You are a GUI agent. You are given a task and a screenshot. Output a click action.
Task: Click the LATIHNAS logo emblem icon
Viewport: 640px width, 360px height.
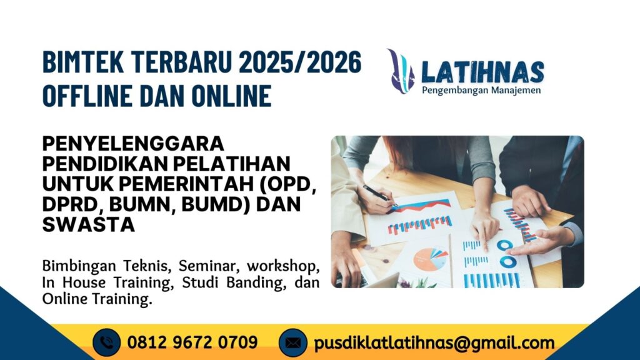point(401,71)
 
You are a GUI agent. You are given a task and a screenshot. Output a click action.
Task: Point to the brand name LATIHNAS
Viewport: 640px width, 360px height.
point(482,72)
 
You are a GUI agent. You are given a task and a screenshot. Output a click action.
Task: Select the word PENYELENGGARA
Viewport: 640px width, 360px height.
point(133,143)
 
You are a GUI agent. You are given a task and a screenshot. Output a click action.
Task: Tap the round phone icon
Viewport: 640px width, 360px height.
point(107,343)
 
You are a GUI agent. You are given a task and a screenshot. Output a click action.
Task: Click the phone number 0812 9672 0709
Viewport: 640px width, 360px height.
point(192,342)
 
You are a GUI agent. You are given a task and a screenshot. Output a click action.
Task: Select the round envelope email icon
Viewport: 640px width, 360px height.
point(293,343)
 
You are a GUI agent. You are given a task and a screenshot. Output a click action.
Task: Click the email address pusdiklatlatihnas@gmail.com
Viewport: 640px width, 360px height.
point(434,343)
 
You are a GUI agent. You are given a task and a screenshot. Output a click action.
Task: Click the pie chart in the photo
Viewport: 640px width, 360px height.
point(431,258)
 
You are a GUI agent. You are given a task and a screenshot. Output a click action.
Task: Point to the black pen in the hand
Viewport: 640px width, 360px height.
point(377,194)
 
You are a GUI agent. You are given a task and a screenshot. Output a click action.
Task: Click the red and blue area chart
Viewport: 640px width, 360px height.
point(420,206)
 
